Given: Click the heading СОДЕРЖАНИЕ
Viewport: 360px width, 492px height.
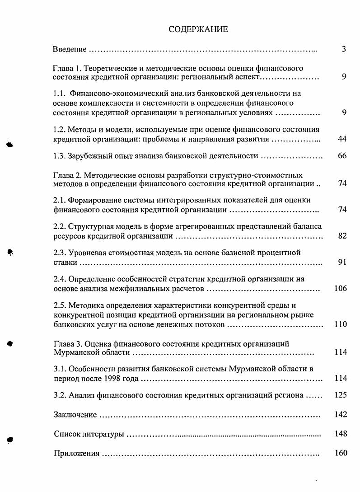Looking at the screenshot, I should click(198, 30).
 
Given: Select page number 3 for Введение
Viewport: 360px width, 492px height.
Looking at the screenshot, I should click(344, 49).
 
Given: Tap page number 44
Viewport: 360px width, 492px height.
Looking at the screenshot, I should click(342, 139).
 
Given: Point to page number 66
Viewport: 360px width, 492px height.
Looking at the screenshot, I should click(342, 156).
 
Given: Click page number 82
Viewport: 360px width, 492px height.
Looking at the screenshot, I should click(342, 235).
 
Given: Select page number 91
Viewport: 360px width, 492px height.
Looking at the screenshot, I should click(342, 262).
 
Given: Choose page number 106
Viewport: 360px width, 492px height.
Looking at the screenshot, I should click(341, 288).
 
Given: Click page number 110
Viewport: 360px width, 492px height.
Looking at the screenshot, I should click(341, 324).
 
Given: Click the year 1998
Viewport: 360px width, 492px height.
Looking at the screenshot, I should click(118, 379).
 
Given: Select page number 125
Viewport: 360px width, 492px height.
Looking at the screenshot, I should click(341, 395).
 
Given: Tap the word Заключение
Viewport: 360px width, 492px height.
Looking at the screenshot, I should click(75, 415).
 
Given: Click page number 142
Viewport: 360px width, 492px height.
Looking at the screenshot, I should click(341, 415).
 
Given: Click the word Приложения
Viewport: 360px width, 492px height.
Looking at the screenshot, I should click(76, 453).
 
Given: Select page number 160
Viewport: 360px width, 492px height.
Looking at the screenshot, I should click(341, 453).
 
